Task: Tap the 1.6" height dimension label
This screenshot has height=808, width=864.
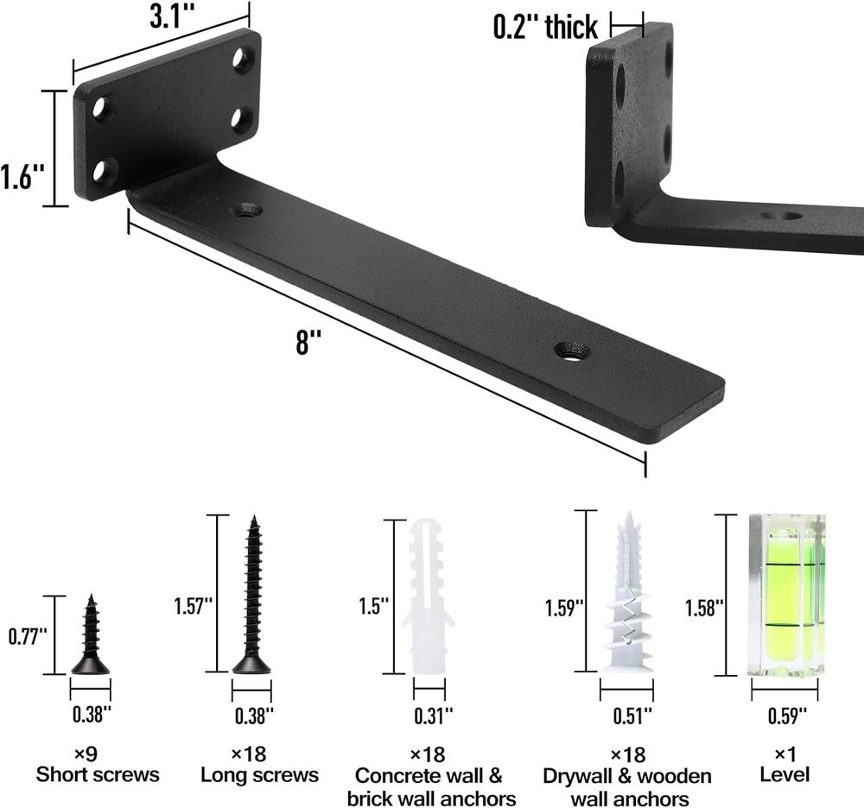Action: (x=22, y=176)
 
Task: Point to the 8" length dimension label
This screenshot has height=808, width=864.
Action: (x=308, y=342)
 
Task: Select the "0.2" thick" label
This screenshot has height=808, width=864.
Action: (x=545, y=27)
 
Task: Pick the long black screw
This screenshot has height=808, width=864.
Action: (x=252, y=595)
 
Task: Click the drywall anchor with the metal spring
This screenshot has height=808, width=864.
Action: (x=627, y=592)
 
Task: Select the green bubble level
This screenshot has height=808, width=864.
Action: (x=786, y=595)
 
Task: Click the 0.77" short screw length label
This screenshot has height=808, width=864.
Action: (x=28, y=637)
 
